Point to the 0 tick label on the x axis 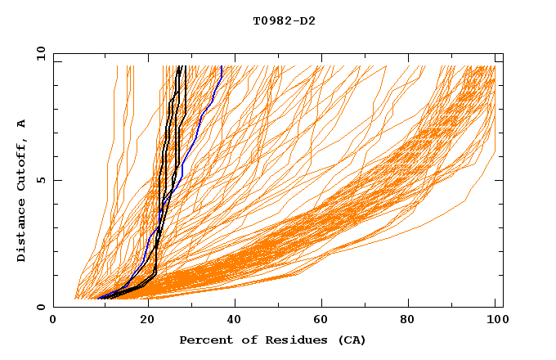53,322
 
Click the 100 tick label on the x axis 495,322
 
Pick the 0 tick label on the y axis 40,307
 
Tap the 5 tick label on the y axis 40,180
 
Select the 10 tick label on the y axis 38,53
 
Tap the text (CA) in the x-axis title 352,340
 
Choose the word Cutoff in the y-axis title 21,164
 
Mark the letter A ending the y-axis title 21,124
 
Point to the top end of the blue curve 222,66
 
